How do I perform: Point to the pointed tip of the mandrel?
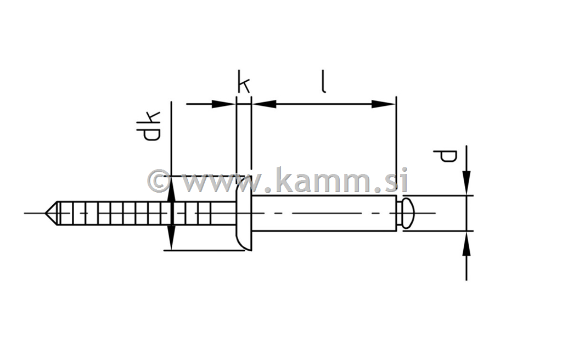coord(51,212)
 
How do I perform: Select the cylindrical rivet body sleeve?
coord(324,212)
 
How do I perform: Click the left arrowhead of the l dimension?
coord(264,103)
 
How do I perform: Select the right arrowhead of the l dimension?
coord(384,103)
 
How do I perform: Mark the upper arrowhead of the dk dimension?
coord(172,189)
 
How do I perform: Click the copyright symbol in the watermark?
coord(159,181)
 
